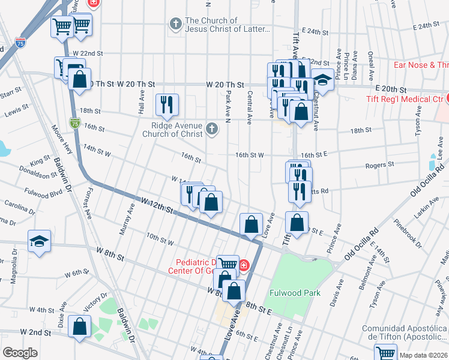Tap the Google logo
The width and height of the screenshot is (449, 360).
coord(20,353)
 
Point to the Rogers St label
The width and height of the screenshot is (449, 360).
coord(382,164)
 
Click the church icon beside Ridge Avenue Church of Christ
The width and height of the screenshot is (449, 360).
coord(211,127)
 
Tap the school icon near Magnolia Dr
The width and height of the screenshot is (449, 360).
coord(40,241)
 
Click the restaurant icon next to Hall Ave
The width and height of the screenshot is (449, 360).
coord(166,104)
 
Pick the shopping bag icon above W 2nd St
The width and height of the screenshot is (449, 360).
coord(79,327)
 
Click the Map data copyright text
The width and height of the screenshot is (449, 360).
coord(423,355)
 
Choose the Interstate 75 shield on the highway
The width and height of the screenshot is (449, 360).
coord(74,124)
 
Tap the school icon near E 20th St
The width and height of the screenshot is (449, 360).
coord(322,80)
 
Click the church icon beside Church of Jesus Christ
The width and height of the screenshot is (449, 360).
coord(175,25)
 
